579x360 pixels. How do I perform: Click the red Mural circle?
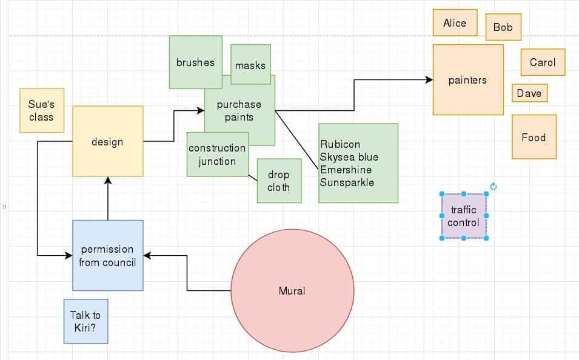pyautogui.click(x=292, y=291)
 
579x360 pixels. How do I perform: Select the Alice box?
pyautogui.click(x=455, y=23)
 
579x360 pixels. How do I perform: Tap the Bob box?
pyautogui.click(x=503, y=27)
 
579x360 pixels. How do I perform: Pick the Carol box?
pyautogui.click(x=543, y=62)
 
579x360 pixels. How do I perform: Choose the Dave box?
pyautogui.click(x=529, y=93)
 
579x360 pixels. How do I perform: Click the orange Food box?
pyautogui.click(x=534, y=137)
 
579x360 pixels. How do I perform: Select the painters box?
pyautogui.click(x=467, y=80)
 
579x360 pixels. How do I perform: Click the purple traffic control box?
pyautogui.click(x=463, y=216)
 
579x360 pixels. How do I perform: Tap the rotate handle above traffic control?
pyautogui.click(x=493, y=187)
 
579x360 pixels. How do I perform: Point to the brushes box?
pyautogui.click(x=195, y=62)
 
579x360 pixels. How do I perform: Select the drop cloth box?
pyautogui.click(x=278, y=181)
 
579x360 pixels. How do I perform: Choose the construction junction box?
pyautogui.click(x=217, y=155)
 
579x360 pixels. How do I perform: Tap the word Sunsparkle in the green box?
pyautogui.click(x=347, y=182)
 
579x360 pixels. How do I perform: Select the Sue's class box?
pyautogui.click(x=41, y=111)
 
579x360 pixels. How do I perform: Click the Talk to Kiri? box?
pyautogui.click(x=85, y=321)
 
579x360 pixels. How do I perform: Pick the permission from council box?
pyautogui.click(x=107, y=256)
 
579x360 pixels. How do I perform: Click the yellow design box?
pyautogui.click(x=107, y=142)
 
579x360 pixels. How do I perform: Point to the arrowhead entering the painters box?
pyautogui.click(x=429, y=80)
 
